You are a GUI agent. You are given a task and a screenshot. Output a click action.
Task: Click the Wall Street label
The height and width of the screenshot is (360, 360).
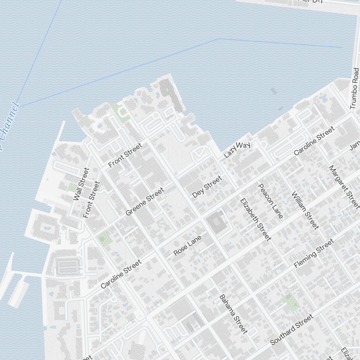81,184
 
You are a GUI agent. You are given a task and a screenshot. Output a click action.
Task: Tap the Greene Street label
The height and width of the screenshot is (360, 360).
145,202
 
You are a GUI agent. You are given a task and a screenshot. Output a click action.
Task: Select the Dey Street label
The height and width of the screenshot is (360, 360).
207,187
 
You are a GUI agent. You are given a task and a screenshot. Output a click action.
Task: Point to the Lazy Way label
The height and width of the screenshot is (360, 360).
237,150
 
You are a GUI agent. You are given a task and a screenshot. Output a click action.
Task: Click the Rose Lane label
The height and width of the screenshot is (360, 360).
187,246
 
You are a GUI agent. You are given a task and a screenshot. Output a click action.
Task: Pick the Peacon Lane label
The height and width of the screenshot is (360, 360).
271,201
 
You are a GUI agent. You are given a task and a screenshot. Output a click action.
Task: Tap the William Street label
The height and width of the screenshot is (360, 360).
305,211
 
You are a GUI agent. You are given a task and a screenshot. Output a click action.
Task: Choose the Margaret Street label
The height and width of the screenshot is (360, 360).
344,187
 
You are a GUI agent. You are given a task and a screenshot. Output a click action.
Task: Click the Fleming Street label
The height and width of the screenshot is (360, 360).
314,253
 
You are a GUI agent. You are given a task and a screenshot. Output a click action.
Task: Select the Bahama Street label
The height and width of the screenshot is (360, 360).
233,314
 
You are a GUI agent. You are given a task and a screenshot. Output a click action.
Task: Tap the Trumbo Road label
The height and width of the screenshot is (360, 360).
355,88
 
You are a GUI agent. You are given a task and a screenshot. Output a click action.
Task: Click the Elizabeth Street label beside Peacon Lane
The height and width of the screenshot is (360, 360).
255,219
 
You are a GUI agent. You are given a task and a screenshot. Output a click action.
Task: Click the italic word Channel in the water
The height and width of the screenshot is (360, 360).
8,126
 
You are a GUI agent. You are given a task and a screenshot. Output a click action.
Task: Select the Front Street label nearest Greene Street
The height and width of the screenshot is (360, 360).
125,155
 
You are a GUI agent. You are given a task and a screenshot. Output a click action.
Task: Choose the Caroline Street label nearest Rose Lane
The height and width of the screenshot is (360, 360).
121,274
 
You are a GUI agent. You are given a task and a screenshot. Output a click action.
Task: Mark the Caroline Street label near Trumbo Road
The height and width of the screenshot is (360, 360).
314,141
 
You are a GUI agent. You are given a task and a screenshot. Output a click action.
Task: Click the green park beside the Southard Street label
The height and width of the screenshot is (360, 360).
291,302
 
